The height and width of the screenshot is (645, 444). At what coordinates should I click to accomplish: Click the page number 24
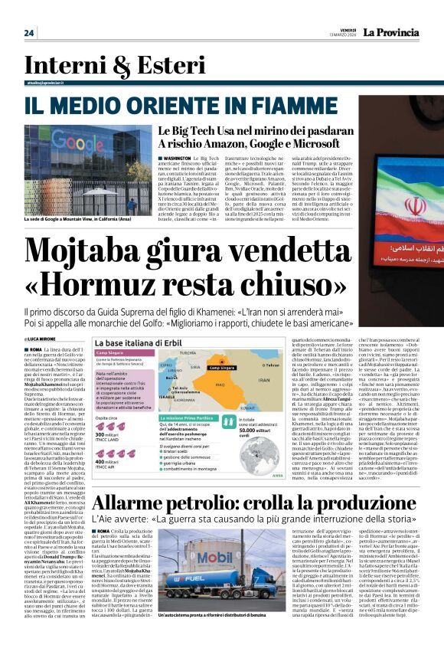pyautogui.click(x=29, y=32)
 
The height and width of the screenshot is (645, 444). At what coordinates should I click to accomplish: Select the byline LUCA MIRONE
pyautogui.click(x=44, y=317)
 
